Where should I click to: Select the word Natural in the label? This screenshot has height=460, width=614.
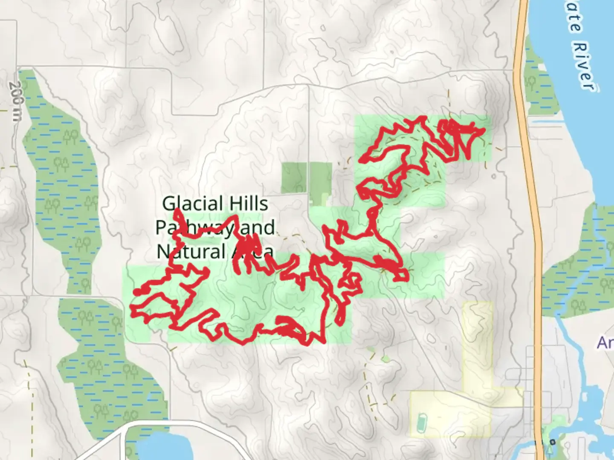click(191, 251)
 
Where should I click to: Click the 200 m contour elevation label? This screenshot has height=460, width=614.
click(14, 101)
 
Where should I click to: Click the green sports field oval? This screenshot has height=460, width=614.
click(421, 422)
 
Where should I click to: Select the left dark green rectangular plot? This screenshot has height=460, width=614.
click(294, 177)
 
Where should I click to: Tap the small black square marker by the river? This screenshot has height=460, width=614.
click(553, 442)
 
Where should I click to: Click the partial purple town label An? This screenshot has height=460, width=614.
click(605, 342)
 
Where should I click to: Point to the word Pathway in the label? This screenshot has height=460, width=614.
click(194, 227)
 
